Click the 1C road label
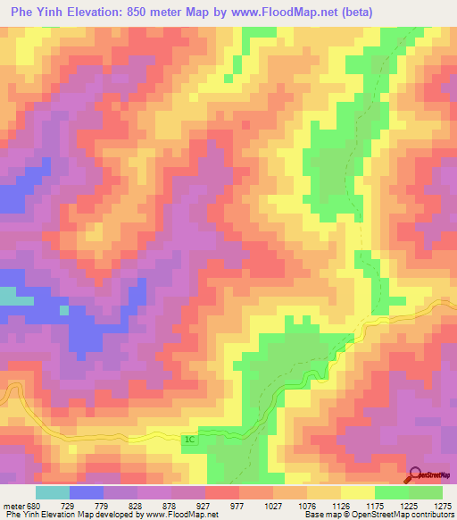tap(188, 440)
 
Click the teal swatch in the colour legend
tap(53, 492)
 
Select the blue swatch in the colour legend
tap(87, 492)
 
